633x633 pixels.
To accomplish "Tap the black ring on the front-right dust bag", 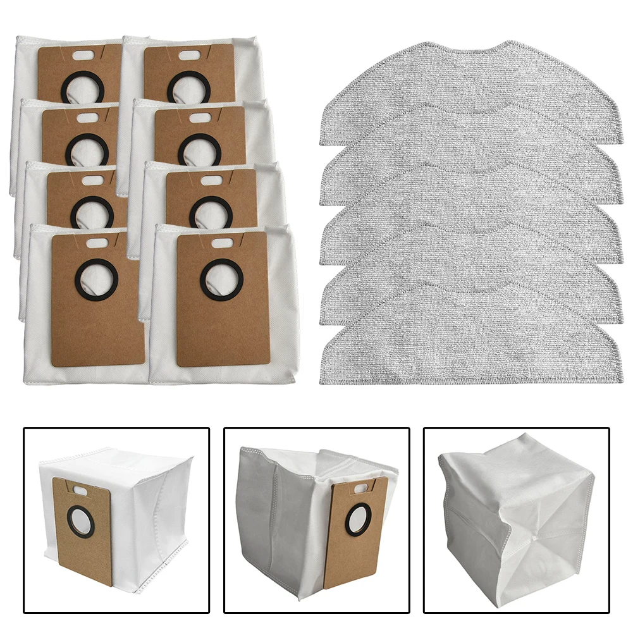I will [x=221, y=280].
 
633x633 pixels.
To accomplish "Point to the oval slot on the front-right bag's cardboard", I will [x=221, y=242].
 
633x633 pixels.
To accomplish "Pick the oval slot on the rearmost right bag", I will [x=188, y=56].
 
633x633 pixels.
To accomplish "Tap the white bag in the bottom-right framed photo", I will [x=515, y=506].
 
